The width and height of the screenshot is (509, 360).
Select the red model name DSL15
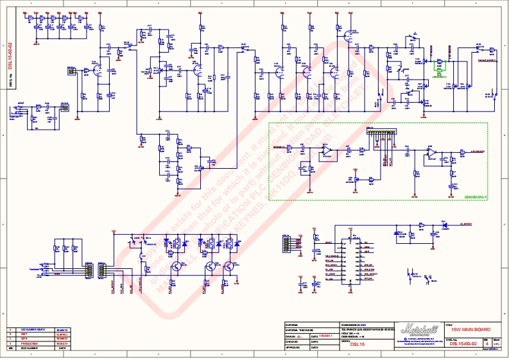click(350, 344)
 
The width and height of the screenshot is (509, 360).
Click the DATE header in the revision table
click(62, 348)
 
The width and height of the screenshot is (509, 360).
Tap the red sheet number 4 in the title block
click(487, 344)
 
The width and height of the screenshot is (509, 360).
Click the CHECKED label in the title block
click(295, 341)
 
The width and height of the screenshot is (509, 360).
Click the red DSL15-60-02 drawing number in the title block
click(462, 344)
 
